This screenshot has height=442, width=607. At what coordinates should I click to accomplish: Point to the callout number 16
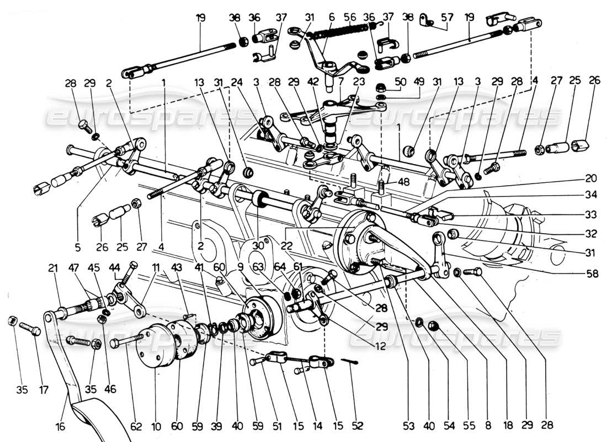(60, 427)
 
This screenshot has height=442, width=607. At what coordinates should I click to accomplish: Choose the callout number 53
(392, 427)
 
